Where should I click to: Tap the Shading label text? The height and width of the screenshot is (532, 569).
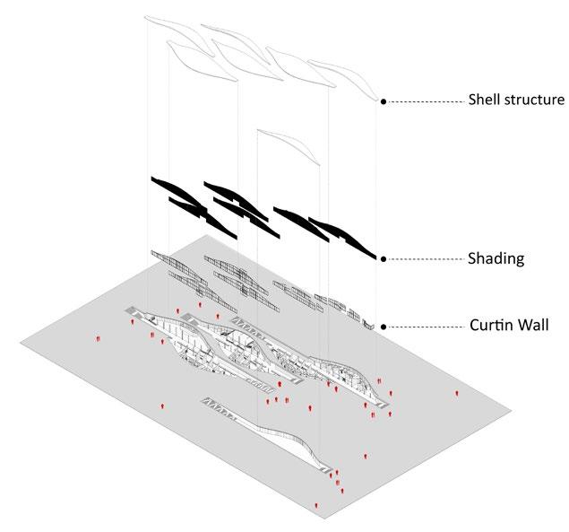tap(496, 259)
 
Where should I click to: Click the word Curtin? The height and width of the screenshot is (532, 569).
tap(493, 325)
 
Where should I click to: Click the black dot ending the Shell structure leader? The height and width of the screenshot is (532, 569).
tap(384, 102)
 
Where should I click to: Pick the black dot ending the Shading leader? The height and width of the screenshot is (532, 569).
tap(384, 259)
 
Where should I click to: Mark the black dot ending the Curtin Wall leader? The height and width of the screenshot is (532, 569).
tap(384, 327)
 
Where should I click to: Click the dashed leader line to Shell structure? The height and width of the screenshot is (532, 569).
tap(421, 102)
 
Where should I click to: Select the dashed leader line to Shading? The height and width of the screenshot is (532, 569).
tap(421, 259)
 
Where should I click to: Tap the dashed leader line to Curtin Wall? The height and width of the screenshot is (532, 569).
tap(421, 327)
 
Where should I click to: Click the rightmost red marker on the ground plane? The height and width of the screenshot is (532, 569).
tap(458, 394)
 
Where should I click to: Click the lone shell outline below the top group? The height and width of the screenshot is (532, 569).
tap(287, 144)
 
